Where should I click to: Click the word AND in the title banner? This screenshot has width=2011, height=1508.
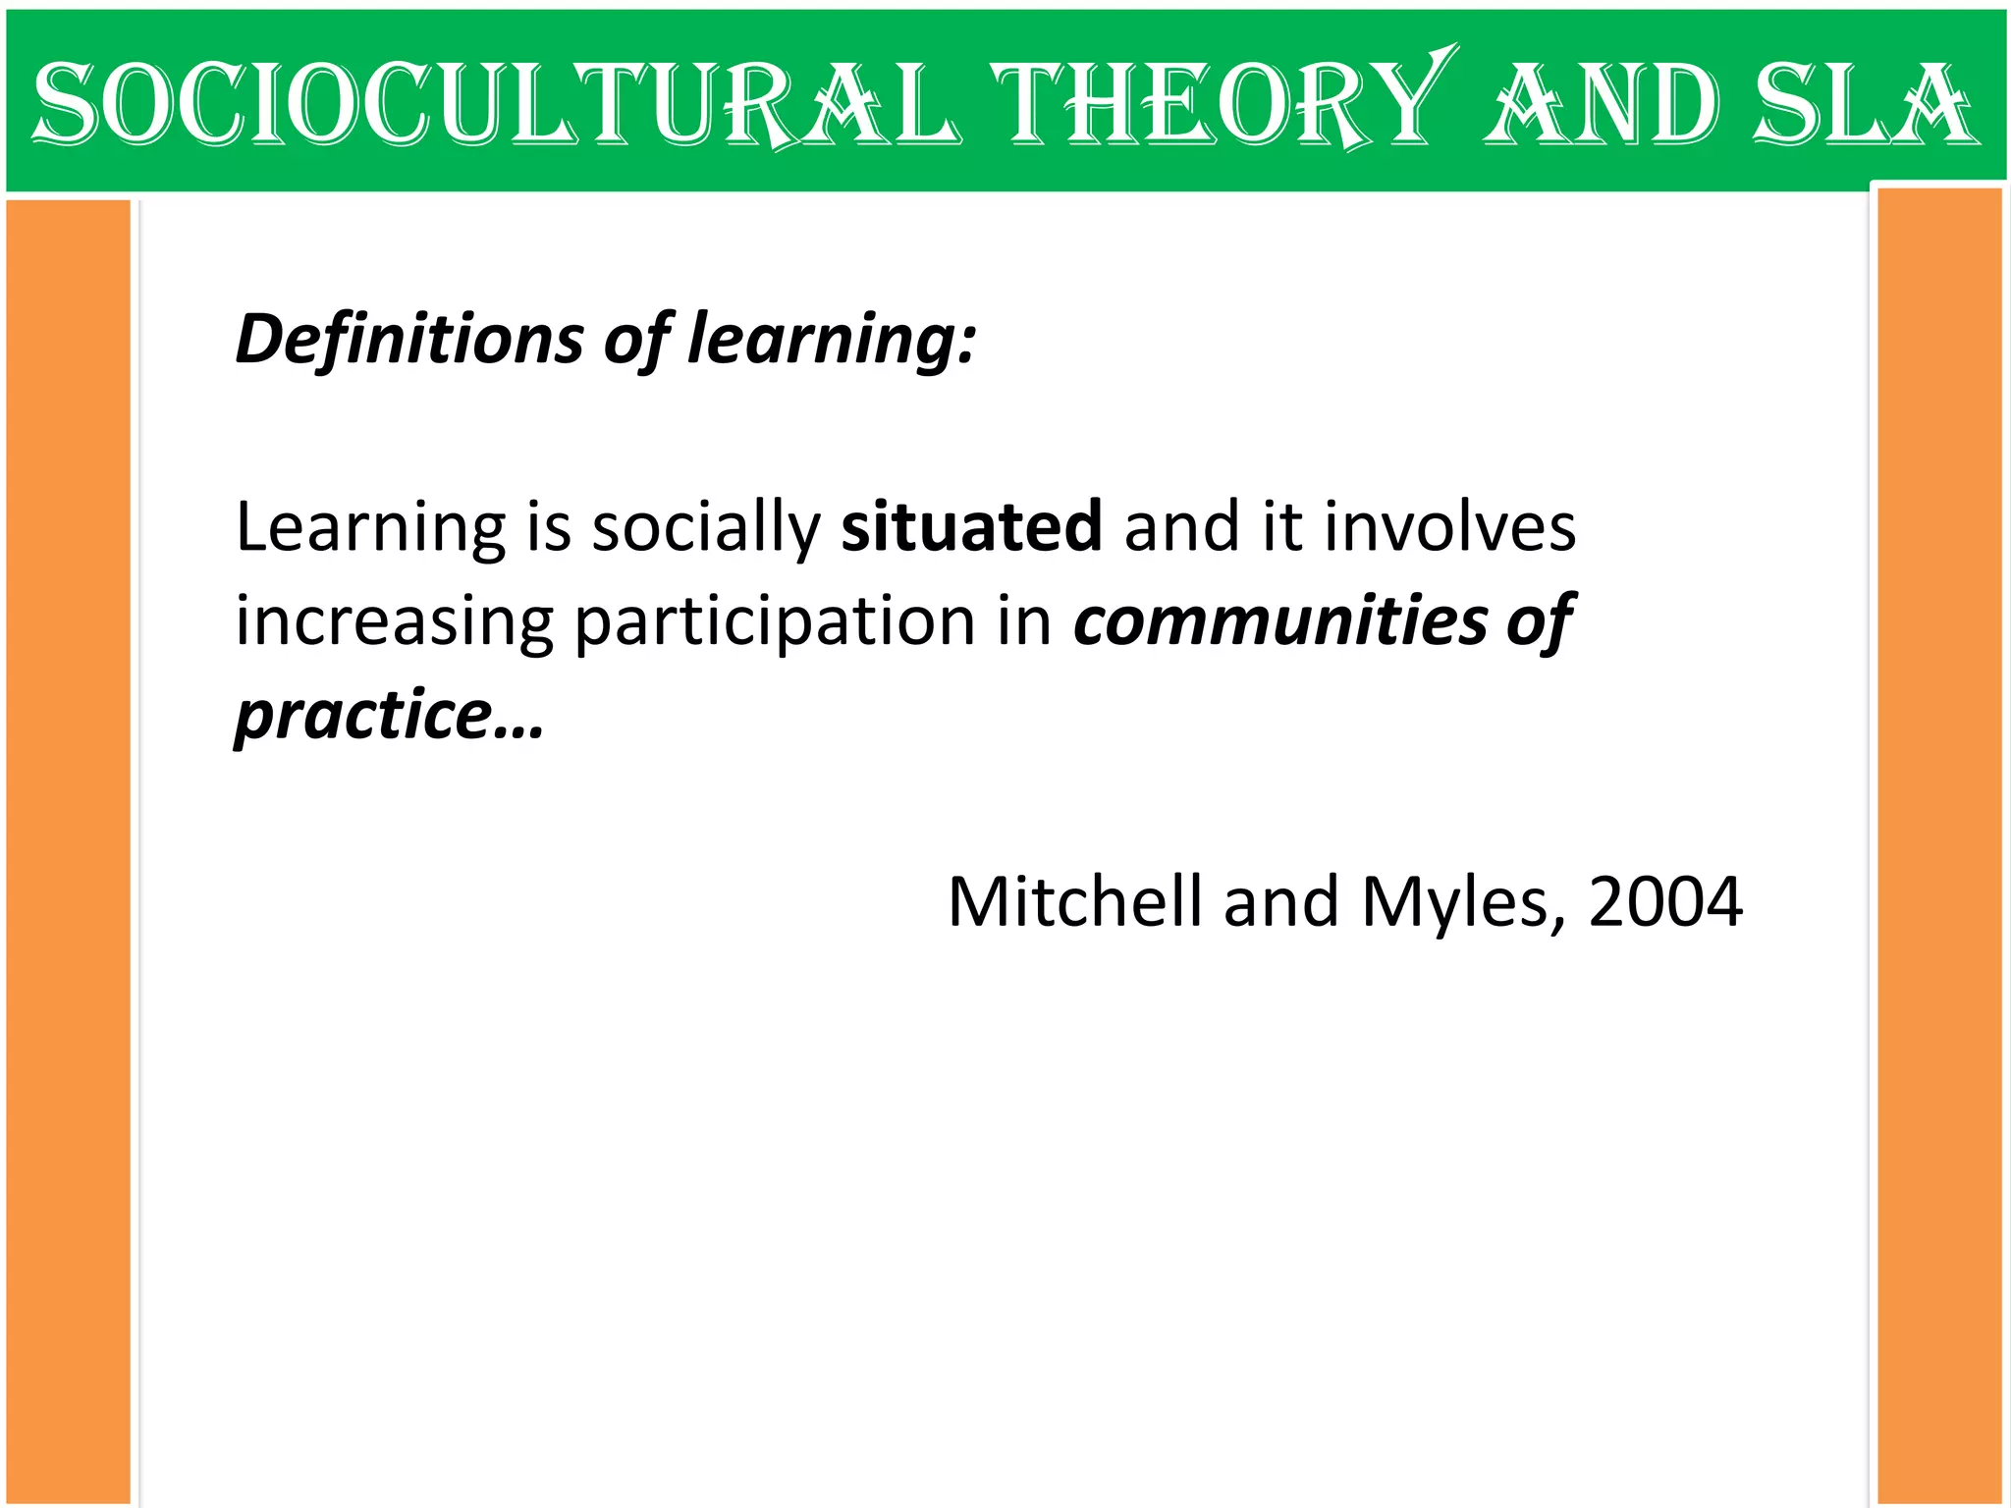pyautogui.click(x=1601, y=103)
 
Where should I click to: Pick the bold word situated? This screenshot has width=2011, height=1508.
pyautogui.click(x=971, y=526)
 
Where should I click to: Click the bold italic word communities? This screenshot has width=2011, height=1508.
pyautogui.click(x=1280, y=620)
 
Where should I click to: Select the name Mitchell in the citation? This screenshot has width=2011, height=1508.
pyautogui.click(x=1074, y=901)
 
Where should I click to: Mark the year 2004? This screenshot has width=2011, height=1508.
pyautogui.click(x=1665, y=901)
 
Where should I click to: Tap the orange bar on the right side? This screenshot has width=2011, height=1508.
pyautogui.click(x=1939, y=844)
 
